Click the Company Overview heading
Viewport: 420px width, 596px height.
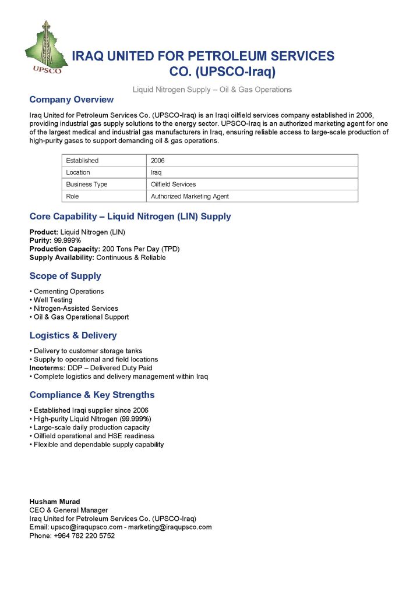(x=72, y=100)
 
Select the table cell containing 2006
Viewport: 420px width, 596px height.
(x=157, y=161)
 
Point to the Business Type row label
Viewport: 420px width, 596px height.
(x=87, y=185)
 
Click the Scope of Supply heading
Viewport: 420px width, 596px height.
(x=65, y=276)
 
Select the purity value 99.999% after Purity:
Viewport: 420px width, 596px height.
(x=68, y=240)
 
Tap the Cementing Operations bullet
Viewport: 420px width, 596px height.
(x=69, y=292)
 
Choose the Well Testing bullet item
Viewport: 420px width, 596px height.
(x=53, y=300)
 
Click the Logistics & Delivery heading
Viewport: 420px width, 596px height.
(x=73, y=335)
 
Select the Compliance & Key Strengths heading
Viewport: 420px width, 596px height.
(x=92, y=395)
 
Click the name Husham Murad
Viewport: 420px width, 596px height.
(x=55, y=502)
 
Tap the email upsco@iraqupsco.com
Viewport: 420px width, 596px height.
(x=86, y=527)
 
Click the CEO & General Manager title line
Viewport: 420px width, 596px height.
(x=69, y=510)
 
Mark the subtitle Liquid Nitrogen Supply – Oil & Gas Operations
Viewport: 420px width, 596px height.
(x=212, y=90)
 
